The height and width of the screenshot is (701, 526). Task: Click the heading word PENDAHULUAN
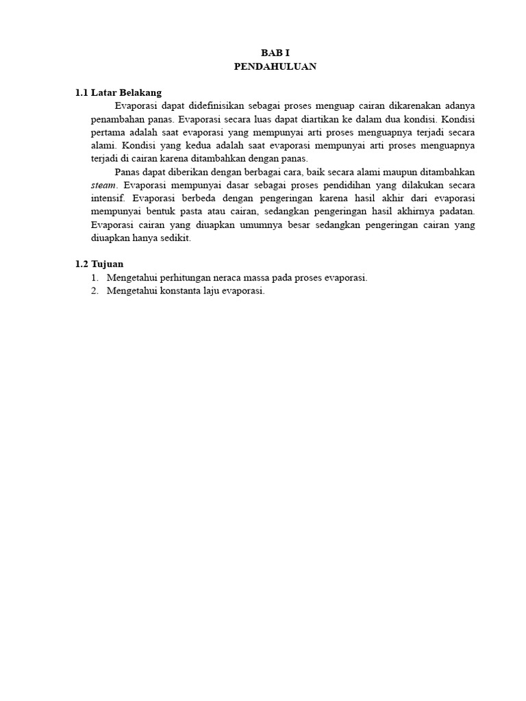point(275,66)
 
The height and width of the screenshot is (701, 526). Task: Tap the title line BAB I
point(275,53)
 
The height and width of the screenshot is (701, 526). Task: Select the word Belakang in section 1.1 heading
point(140,93)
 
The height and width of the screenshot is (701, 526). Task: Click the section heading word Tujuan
point(108,264)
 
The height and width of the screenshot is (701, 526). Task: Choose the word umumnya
point(267,225)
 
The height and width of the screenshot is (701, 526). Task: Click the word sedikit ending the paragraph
point(175,238)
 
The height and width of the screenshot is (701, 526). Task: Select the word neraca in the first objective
point(229,278)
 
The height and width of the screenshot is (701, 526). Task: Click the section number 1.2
point(82,264)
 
